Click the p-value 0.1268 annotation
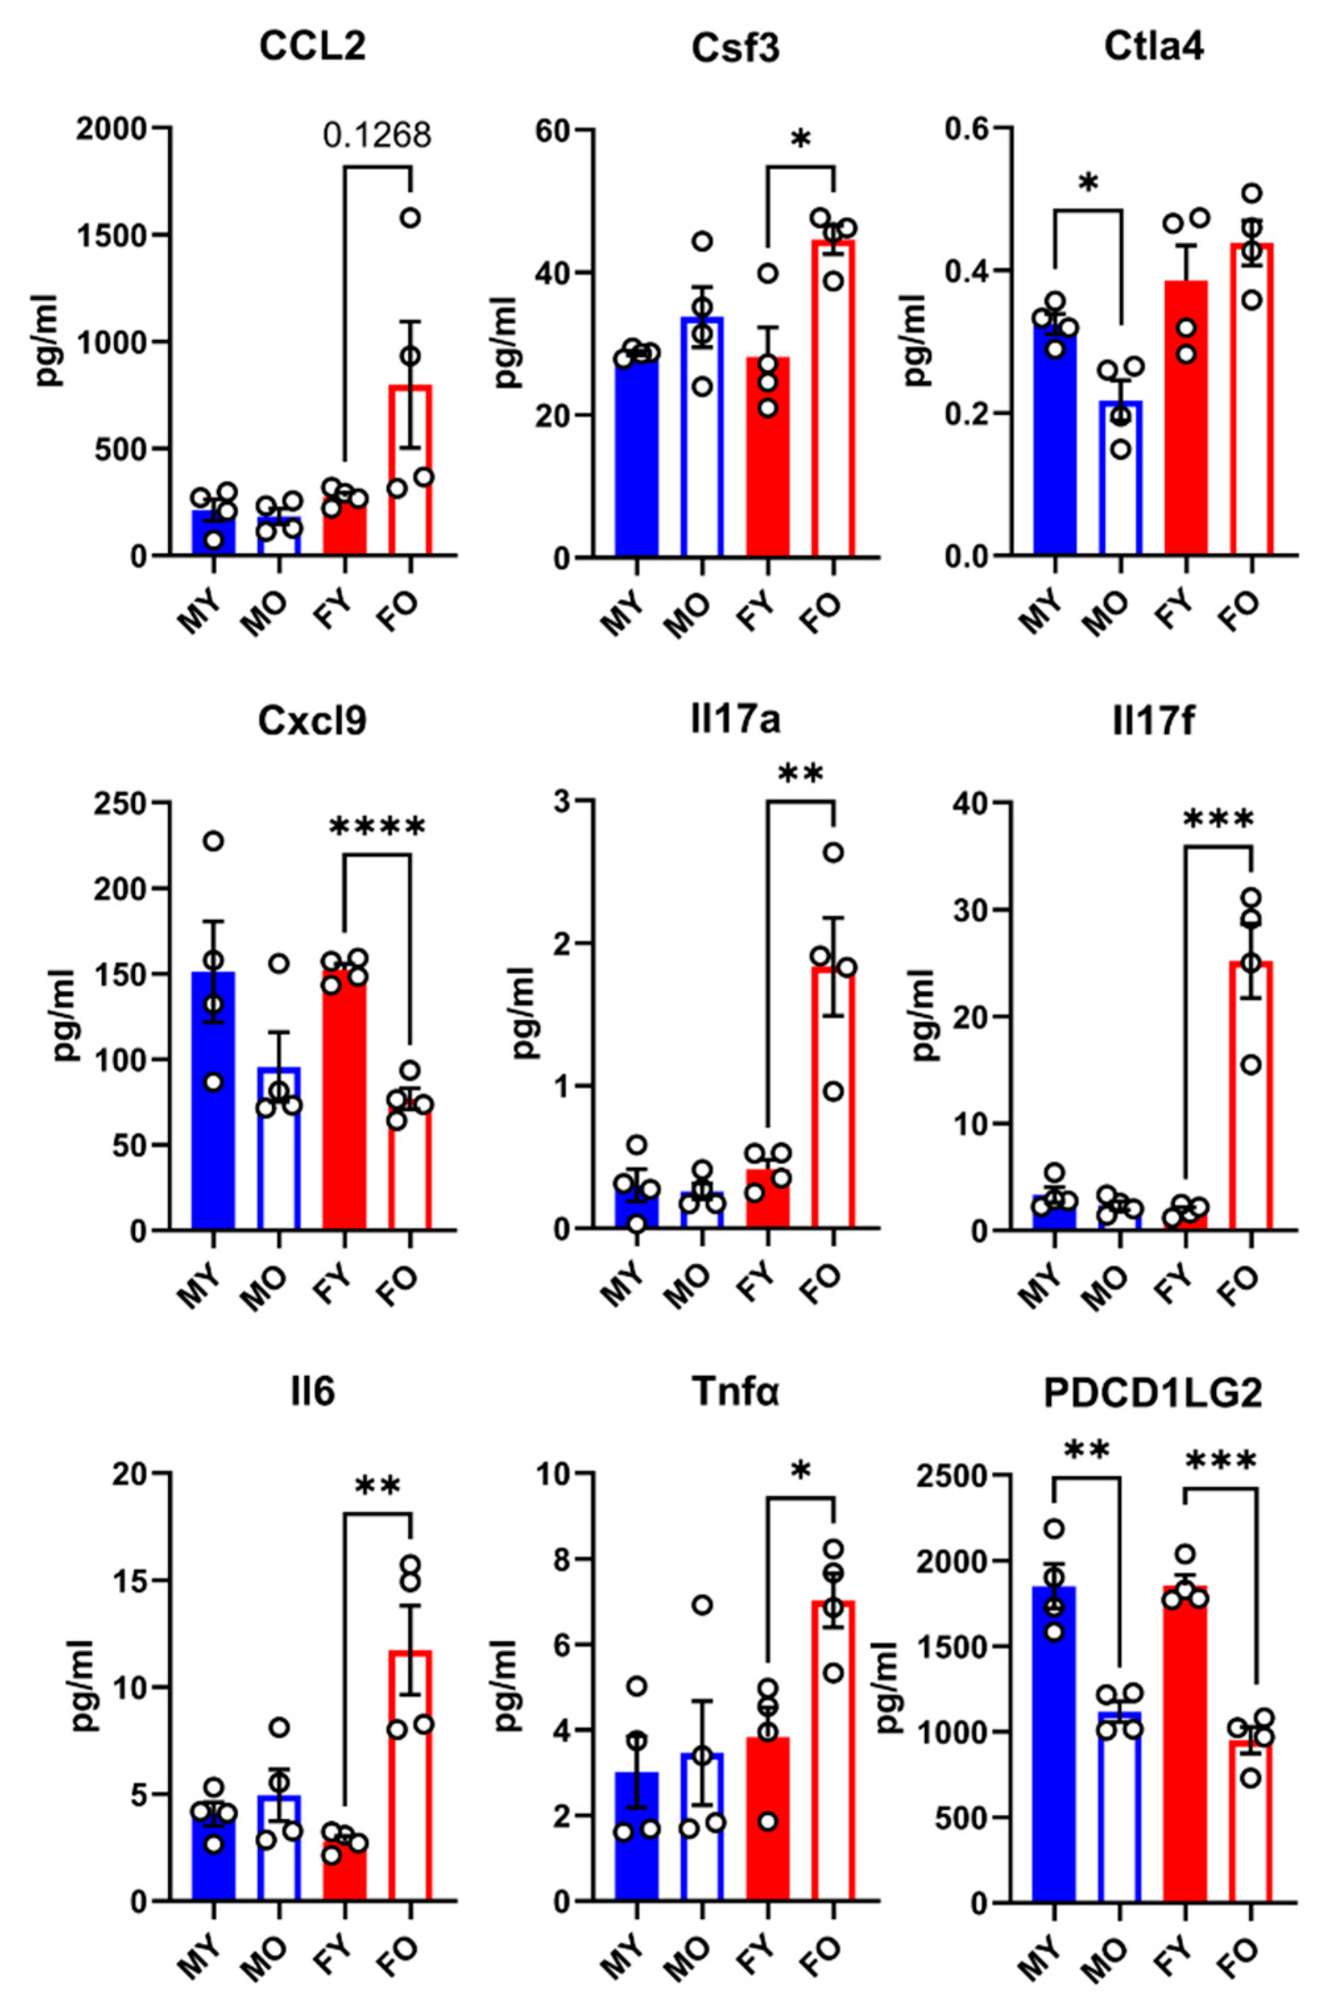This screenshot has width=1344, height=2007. (377, 136)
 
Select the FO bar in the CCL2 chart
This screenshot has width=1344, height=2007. (410, 471)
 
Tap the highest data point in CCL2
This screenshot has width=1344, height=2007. (410, 217)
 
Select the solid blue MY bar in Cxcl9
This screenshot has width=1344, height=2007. (213, 1106)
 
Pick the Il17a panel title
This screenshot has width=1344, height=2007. (735, 721)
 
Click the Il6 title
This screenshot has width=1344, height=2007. (312, 1393)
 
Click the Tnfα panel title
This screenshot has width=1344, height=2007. (735, 1393)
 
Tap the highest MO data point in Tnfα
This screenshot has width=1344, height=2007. (702, 1605)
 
